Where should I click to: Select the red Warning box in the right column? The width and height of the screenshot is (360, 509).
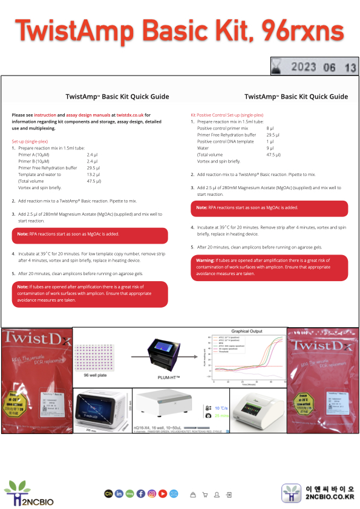coord(269,268)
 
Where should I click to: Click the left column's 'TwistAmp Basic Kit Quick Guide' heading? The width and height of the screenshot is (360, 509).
coord(117,97)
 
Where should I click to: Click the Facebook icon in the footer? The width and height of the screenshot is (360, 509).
coord(140,494)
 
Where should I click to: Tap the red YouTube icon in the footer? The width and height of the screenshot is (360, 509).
coord(163,494)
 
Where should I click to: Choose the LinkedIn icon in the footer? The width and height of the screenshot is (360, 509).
coord(119,494)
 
